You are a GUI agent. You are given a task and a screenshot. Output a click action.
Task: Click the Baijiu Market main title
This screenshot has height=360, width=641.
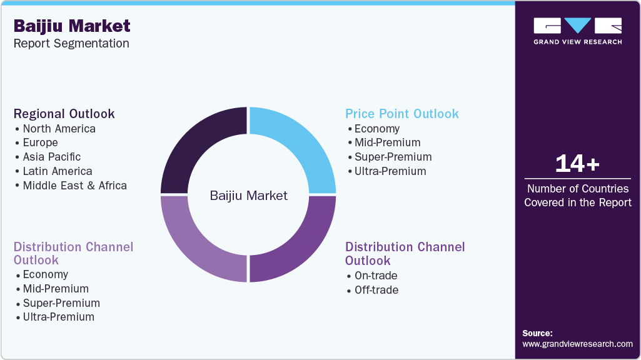click(72, 26)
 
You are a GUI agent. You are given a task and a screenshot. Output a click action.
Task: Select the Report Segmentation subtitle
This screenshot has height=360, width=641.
click(71, 44)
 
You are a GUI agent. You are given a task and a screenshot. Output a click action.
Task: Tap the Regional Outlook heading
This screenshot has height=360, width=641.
click(64, 114)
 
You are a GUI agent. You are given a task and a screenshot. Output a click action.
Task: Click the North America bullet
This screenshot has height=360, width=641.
click(59, 129)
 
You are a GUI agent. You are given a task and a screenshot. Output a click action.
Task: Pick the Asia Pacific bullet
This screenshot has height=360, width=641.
click(51, 157)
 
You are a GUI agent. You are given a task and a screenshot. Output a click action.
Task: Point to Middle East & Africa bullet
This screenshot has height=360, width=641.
click(74, 186)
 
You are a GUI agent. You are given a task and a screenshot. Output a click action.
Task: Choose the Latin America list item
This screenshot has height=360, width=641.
click(57, 171)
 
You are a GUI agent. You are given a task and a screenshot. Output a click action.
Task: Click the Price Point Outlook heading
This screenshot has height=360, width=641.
click(401, 114)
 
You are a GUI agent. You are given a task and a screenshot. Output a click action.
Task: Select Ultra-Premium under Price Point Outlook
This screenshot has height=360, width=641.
click(390, 171)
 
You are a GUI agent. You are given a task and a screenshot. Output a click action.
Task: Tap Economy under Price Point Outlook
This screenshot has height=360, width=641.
click(376, 129)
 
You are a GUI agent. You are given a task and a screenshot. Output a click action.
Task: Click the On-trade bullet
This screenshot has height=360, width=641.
click(375, 276)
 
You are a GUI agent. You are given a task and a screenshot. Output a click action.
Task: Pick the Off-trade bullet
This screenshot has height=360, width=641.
click(376, 290)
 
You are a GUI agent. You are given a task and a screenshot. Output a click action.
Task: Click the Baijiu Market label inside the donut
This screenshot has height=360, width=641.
click(248, 196)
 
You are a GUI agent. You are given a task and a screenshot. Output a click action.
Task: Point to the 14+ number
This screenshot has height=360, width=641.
click(577, 164)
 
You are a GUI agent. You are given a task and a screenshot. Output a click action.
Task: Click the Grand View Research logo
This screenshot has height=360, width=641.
click(577, 31)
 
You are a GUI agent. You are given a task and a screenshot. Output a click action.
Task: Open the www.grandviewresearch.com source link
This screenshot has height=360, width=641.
click(577, 344)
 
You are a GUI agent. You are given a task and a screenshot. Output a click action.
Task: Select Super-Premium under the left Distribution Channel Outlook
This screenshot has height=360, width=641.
click(61, 303)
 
